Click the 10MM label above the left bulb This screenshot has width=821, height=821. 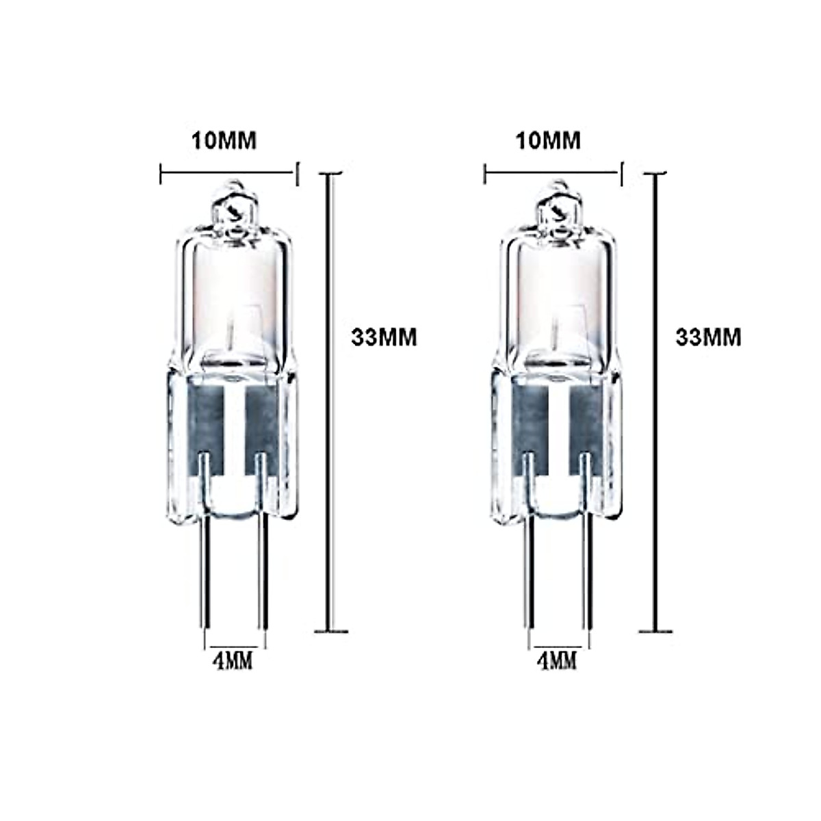click(x=224, y=140)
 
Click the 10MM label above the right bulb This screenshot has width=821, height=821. click(x=548, y=140)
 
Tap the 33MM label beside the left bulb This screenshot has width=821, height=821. click(x=384, y=337)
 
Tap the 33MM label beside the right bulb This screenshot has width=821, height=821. click(x=708, y=337)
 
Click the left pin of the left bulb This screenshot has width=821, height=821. click(x=203, y=582)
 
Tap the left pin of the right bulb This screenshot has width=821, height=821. click(x=527, y=582)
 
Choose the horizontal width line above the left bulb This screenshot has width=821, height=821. click(x=229, y=174)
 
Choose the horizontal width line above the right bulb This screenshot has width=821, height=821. click(x=553, y=174)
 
